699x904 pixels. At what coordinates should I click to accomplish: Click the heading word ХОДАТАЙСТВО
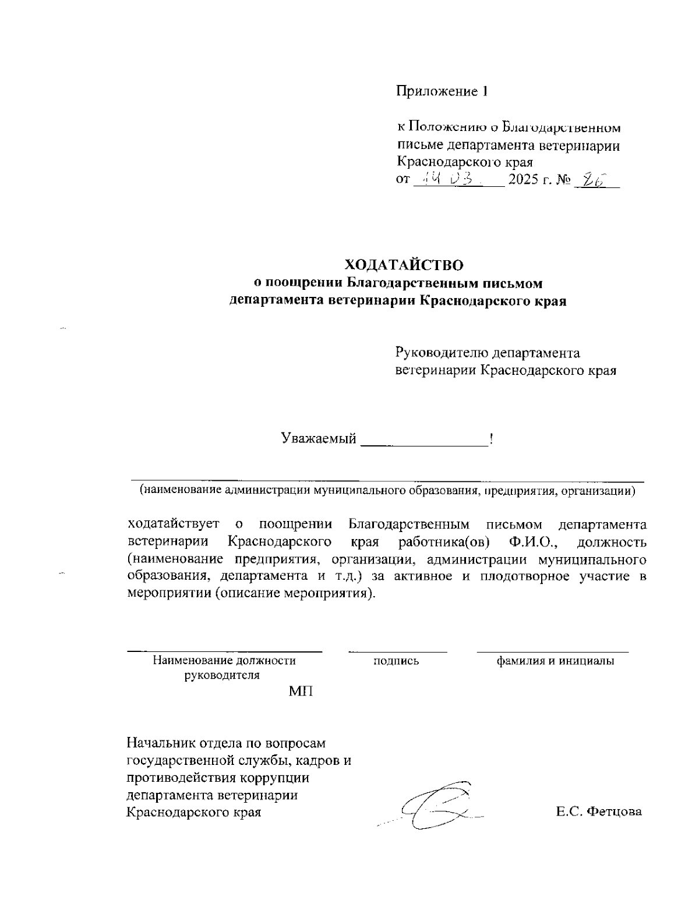pyautogui.click(x=404, y=265)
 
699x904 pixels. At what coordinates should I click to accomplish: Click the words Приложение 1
pyautogui.click(x=441, y=91)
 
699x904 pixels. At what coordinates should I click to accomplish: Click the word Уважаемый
pyautogui.click(x=319, y=438)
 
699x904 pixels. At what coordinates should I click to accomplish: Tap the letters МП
pyautogui.click(x=300, y=692)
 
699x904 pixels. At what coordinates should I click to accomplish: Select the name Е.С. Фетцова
pyautogui.click(x=599, y=811)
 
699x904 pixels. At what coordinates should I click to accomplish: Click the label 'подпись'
pyautogui.click(x=396, y=661)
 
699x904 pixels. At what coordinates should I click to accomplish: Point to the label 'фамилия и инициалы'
pyautogui.click(x=555, y=661)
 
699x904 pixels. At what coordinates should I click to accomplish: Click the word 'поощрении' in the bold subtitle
pyautogui.click(x=299, y=283)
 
